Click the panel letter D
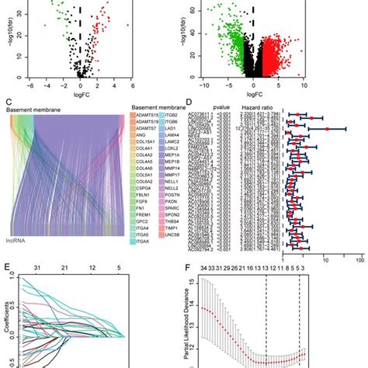coord(189,105)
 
